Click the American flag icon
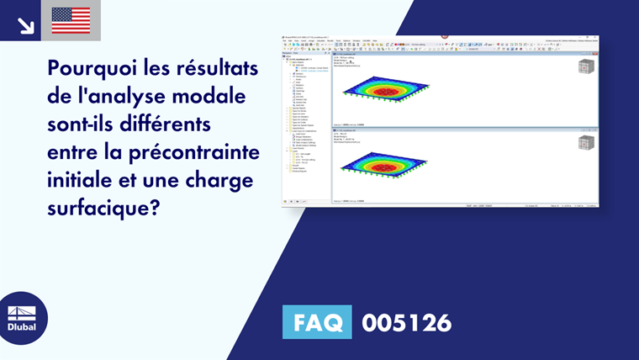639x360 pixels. click(x=71, y=21)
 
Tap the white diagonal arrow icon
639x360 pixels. click(x=26, y=24)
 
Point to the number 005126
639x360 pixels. click(x=407, y=322)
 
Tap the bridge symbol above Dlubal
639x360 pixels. click(x=22, y=311)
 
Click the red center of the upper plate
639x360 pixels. click(x=388, y=89)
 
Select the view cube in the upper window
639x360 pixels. click(x=585, y=68)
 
